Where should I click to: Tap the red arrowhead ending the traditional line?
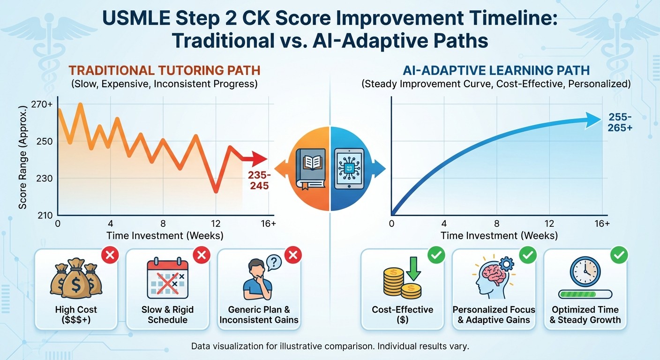259,159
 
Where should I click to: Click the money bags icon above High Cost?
76,279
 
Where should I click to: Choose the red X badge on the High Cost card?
111,255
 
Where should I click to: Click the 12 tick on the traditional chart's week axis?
216,224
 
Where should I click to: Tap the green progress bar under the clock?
585,294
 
